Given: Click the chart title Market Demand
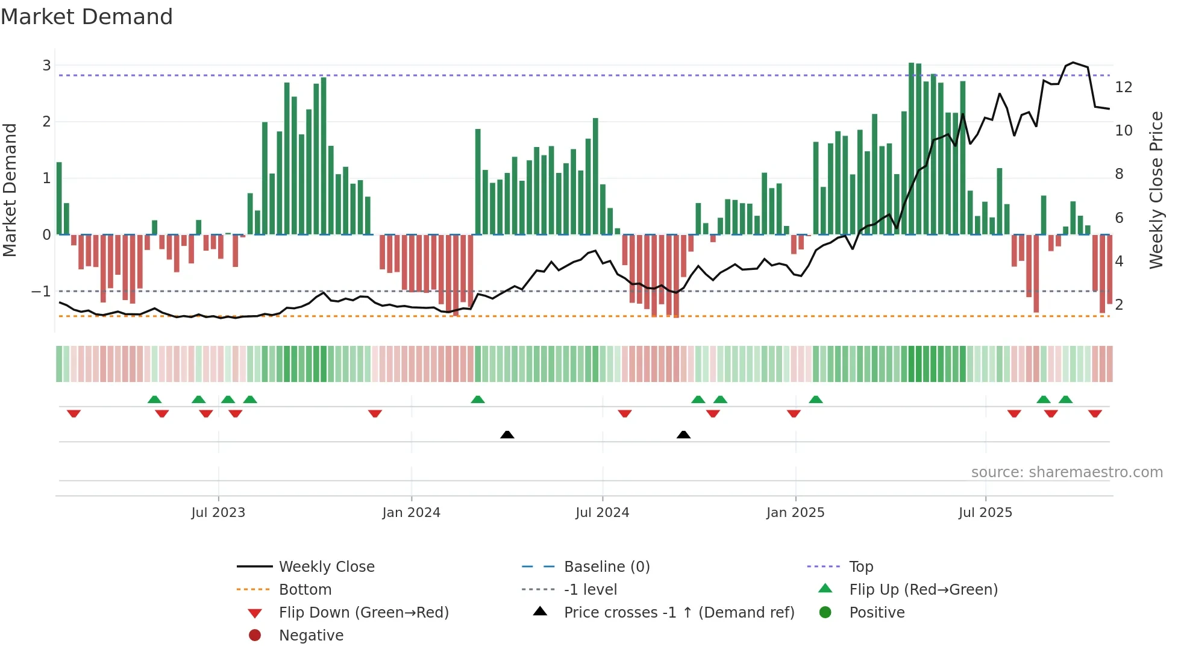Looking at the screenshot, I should (x=87, y=17).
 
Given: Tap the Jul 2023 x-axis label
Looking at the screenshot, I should (x=218, y=513).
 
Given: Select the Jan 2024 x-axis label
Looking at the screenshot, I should (x=411, y=513).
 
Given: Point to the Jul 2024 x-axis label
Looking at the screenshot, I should (x=602, y=513).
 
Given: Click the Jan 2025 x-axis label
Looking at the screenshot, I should (x=795, y=513).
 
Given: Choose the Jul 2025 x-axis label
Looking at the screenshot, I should (x=985, y=513).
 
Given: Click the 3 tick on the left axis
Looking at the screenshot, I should (x=46, y=65).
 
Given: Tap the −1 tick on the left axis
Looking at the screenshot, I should (x=42, y=292).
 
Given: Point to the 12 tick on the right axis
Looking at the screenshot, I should (x=1123, y=87).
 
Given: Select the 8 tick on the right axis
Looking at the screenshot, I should (x=1119, y=174).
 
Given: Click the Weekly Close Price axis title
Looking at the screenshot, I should (x=1156, y=190).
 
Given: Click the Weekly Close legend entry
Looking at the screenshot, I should (x=326, y=567).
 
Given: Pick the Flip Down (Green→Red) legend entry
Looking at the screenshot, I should (x=363, y=613).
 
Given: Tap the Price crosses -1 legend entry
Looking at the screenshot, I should (x=678, y=613).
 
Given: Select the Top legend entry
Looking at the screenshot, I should (x=860, y=567).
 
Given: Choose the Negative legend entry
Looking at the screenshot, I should (x=311, y=636).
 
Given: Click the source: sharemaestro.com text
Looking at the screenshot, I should (x=1067, y=472).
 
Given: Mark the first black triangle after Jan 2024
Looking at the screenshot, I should (x=507, y=434).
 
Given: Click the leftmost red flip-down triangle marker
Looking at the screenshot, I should (x=74, y=413).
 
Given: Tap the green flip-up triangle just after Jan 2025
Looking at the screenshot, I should (x=816, y=399).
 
